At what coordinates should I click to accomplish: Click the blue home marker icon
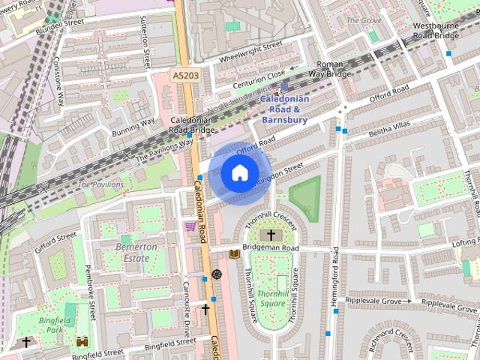[238, 173]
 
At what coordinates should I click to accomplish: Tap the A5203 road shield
[185, 76]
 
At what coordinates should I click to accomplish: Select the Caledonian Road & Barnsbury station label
[284, 109]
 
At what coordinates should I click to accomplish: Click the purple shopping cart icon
[190, 226]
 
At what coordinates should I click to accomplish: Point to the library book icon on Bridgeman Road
[234, 254]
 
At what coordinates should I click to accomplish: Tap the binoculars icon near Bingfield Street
[82, 341]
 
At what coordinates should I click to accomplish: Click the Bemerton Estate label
[136, 252]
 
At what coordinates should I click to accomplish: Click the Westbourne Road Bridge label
[436, 30]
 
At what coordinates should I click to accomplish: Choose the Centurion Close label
[257, 76]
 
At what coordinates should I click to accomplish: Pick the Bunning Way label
[133, 126]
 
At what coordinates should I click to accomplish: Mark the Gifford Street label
[55, 242]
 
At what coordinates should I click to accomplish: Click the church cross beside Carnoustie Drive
[205, 309]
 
